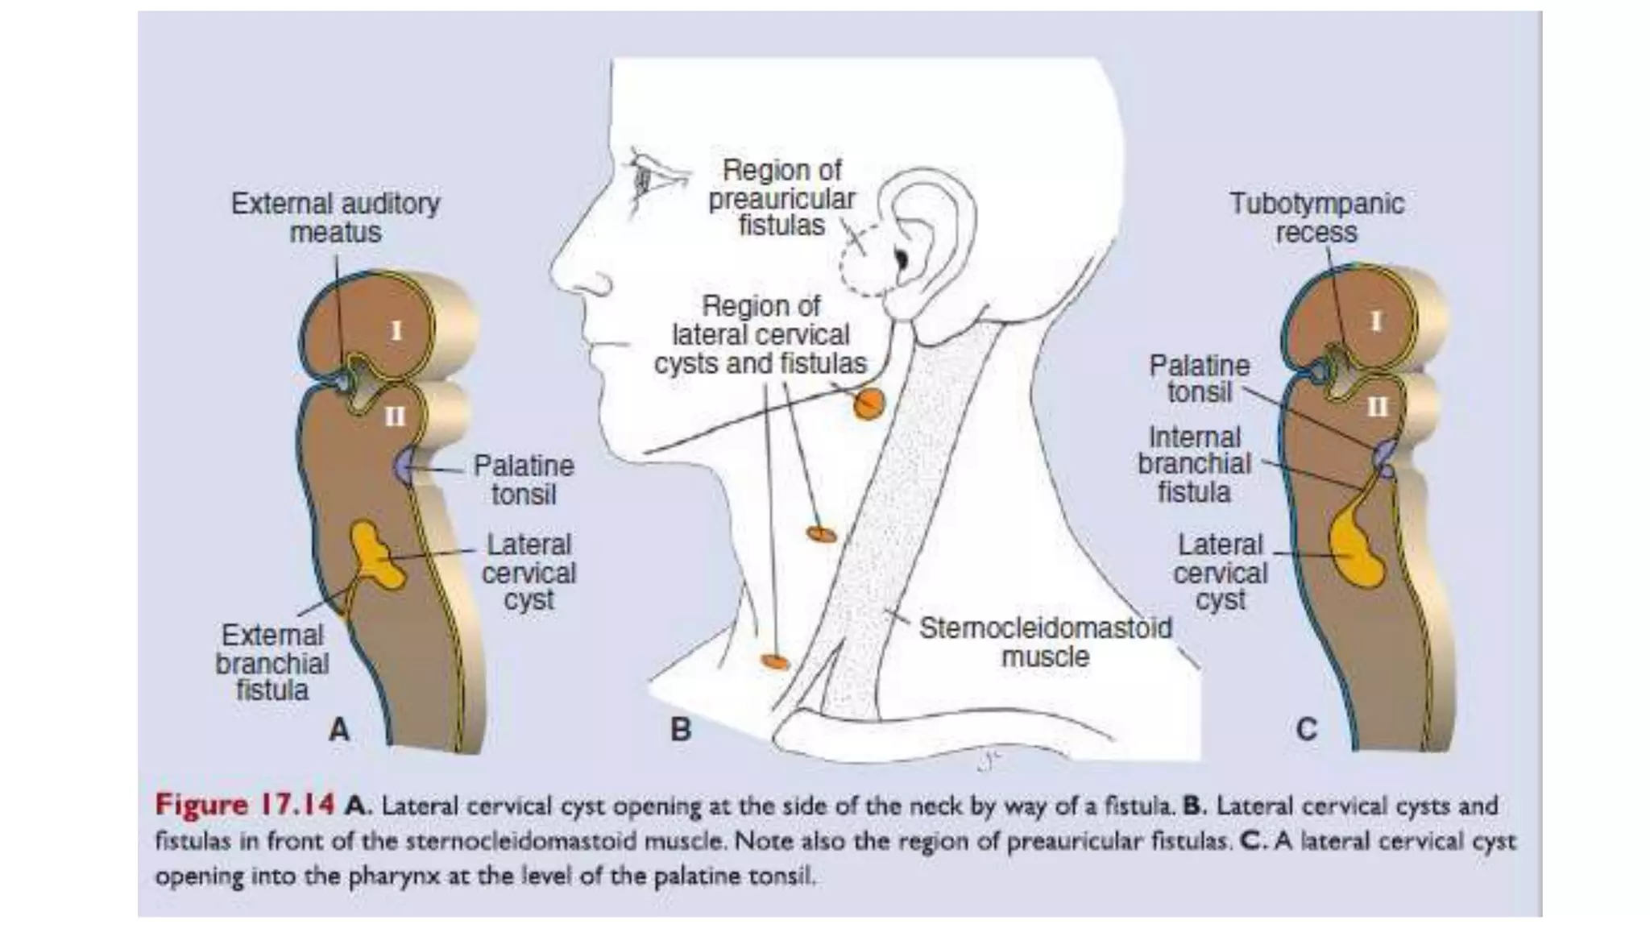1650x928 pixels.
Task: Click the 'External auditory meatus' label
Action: [x=335, y=217]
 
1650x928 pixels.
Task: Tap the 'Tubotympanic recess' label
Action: [x=1316, y=217]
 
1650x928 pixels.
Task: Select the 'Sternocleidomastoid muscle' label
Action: [x=1045, y=642]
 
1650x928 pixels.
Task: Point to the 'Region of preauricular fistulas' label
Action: [x=781, y=198]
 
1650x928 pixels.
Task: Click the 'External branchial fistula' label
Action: [x=272, y=663]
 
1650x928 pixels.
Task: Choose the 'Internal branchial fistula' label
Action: [x=1194, y=464]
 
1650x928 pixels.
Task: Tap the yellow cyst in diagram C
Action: [x=1355, y=548]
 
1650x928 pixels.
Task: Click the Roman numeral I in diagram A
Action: [x=396, y=330]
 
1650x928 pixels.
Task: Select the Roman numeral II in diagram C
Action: [x=1377, y=408]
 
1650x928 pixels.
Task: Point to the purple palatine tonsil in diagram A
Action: [x=404, y=466]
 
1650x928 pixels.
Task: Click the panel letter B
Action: [x=681, y=729]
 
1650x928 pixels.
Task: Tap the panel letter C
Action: [x=1306, y=729]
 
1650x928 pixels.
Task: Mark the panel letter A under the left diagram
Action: [x=339, y=729]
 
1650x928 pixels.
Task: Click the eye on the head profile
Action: [x=645, y=179]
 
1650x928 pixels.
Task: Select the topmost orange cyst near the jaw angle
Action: [x=869, y=404]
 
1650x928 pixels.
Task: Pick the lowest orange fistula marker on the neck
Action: [x=775, y=661]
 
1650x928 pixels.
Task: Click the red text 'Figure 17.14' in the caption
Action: [x=244, y=805]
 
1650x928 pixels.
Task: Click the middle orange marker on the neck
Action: [x=822, y=534]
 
